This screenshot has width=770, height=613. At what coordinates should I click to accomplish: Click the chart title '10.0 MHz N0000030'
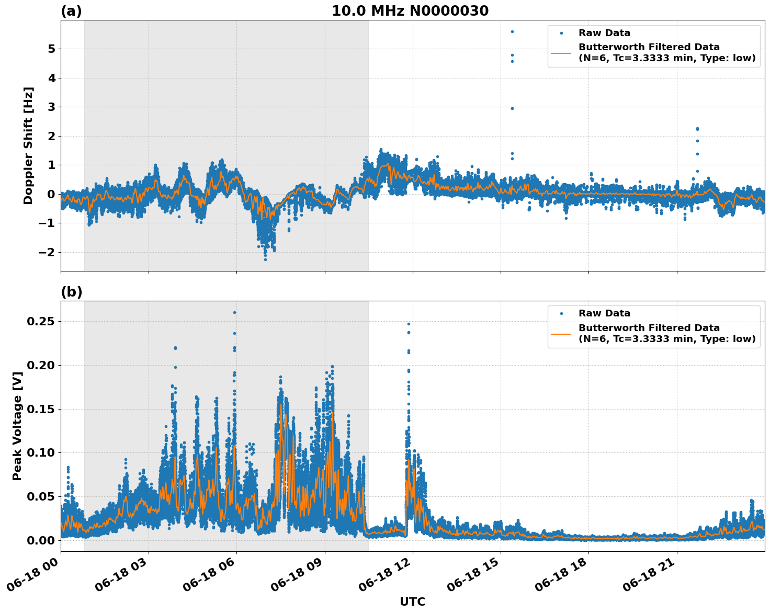(x=410, y=11)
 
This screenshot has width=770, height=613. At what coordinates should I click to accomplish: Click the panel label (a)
(x=71, y=11)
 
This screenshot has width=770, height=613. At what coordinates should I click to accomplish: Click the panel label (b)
(x=71, y=292)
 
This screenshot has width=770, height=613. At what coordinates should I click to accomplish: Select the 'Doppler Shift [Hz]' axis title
(x=28, y=145)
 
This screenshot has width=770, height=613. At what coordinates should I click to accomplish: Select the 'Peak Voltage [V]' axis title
(x=17, y=426)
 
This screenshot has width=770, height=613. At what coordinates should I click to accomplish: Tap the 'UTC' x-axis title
(x=412, y=601)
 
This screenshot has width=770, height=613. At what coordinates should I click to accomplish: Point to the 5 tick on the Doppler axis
(x=51, y=49)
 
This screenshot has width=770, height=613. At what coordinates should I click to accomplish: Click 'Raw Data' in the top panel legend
(x=604, y=33)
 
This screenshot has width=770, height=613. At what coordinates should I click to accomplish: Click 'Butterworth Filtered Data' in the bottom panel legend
(x=649, y=328)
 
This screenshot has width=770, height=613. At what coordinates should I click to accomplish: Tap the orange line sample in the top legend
(x=561, y=53)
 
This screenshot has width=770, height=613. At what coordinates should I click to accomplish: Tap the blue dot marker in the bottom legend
(x=561, y=314)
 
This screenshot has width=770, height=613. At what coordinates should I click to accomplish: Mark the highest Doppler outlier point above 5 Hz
(x=512, y=31)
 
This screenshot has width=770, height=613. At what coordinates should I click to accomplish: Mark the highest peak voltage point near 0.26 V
(x=234, y=312)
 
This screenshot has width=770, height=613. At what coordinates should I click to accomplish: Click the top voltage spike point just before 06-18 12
(x=409, y=324)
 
